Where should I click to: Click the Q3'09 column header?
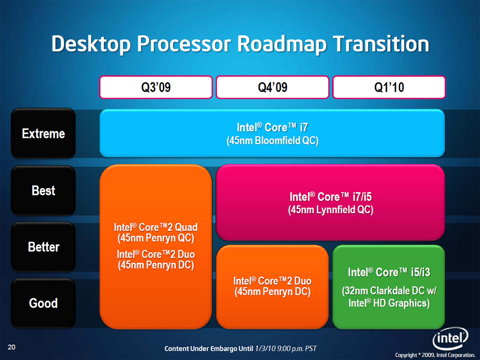[156, 87]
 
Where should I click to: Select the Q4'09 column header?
[272, 87]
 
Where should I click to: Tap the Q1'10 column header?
[389, 87]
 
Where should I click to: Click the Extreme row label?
[43, 134]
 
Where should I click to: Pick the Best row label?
[43, 190]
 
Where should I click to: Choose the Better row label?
[43, 247]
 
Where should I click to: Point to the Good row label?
[43, 303]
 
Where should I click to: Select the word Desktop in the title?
[91, 45]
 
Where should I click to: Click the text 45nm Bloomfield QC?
[272, 141]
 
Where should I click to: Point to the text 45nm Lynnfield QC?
[330, 210]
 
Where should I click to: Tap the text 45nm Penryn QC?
[156, 238]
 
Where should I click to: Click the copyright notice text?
[435, 355]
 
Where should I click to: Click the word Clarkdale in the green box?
[393, 291]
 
